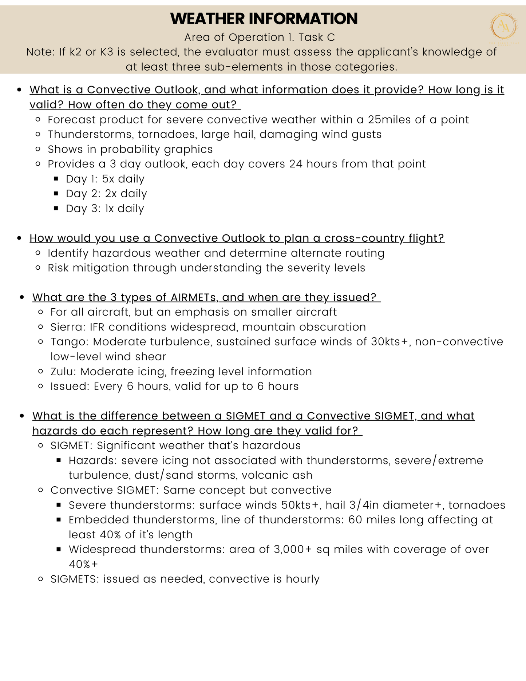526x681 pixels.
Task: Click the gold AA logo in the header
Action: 503,26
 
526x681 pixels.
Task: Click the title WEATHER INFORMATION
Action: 264,19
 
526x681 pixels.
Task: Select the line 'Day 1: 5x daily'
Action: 105,179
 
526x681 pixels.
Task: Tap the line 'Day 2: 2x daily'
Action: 106,194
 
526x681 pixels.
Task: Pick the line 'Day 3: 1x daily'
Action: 105,209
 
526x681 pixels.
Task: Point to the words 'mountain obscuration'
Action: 304,327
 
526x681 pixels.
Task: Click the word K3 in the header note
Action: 107,52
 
